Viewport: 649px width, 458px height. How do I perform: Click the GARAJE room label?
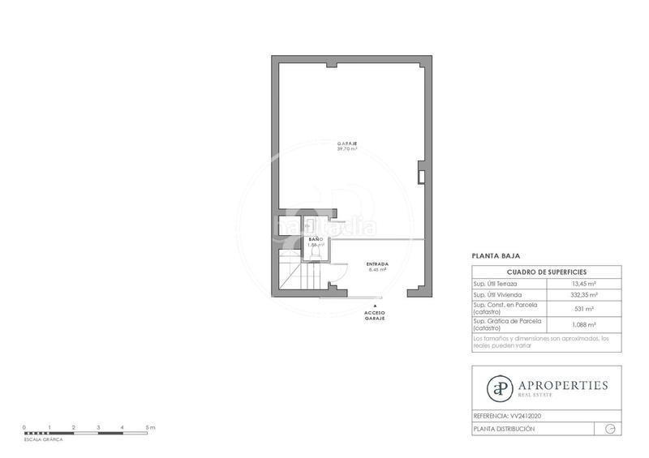(347, 143)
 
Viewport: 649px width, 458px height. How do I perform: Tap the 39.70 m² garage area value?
(347, 149)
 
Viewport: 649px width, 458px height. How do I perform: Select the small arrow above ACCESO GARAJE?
(374, 305)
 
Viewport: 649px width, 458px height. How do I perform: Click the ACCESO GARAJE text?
(374, 315)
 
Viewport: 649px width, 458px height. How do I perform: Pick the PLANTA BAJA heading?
(490, 255)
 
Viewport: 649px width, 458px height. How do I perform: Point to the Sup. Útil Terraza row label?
(496, 284)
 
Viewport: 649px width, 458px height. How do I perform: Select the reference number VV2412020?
(526, 416)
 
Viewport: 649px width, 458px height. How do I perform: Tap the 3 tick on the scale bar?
(98, 426)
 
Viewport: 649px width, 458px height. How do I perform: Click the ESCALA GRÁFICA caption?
(43, 439)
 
